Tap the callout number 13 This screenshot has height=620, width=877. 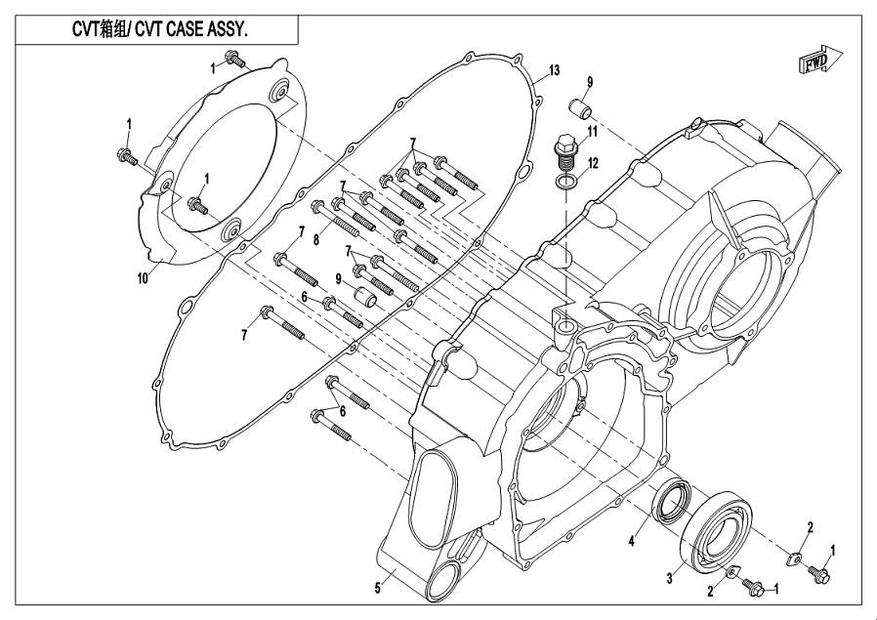(554, 70)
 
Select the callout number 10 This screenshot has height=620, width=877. (144, 277)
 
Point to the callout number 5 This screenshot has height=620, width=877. (378, 588)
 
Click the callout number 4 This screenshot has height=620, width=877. (632, 540)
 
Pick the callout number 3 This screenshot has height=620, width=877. (670, 578)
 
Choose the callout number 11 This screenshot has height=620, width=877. (592, 131)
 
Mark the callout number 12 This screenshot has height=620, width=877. (593, 161)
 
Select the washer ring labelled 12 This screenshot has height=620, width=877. (567, 182)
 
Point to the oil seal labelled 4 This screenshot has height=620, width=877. (671, 502)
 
